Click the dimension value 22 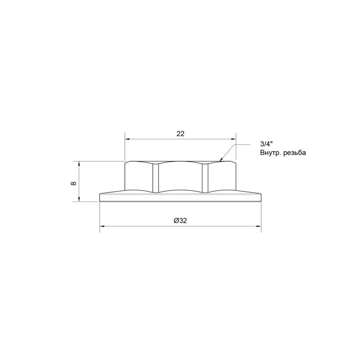(x=180, y=134)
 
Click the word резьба (x=296, y=153)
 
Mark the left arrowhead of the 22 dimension (x=128, y=139)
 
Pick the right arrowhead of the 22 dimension (x=233, y=139)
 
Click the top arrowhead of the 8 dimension (x=79, y=164)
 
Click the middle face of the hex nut (x=180, y=177)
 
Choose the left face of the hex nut (x=138, y=177)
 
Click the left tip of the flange (x=100, y=197)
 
